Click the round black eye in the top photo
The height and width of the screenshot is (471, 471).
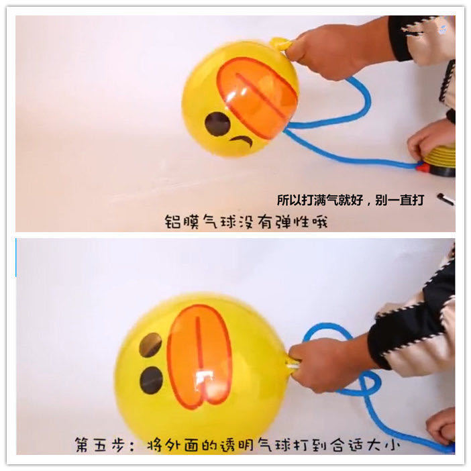(x=217, y=123)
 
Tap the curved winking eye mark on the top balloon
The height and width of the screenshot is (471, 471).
(x=242, y=141)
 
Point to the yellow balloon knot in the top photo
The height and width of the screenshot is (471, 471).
(x=281, y=44)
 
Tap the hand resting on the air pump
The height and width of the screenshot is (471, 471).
(x=429, y=138)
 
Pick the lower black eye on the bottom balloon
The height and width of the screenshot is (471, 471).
(x=152, y=380)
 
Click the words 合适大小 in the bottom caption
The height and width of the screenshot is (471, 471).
(x=366, y=444)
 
